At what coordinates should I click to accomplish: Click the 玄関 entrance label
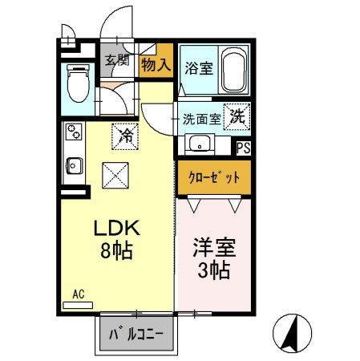pyautogui.click(x=116, y=60)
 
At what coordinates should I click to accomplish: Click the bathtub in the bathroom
pyautogui.click(x=234, y=71)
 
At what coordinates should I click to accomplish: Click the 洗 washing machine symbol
pyautogui.click(x=237, y=116)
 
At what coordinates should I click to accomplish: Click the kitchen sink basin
pyautogui.click(x=72, y=165)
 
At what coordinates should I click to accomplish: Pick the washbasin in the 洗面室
pyautogui.click(x=198, y=145)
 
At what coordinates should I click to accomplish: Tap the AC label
pyautogui.click(x=79, y=294)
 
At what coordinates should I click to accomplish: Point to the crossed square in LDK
pyautogui.click(x=114, y=172)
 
